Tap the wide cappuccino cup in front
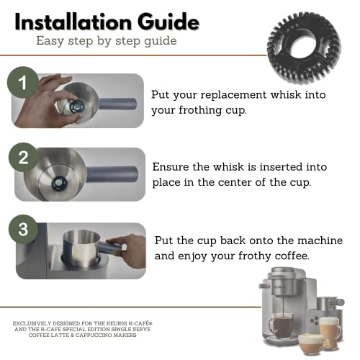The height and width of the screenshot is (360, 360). tap(310, 343)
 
